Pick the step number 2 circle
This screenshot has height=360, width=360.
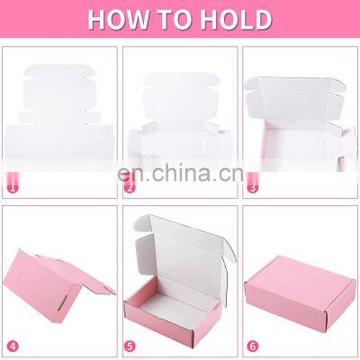[x=131, y=189]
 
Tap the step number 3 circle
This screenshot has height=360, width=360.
[x=250, y=189]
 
